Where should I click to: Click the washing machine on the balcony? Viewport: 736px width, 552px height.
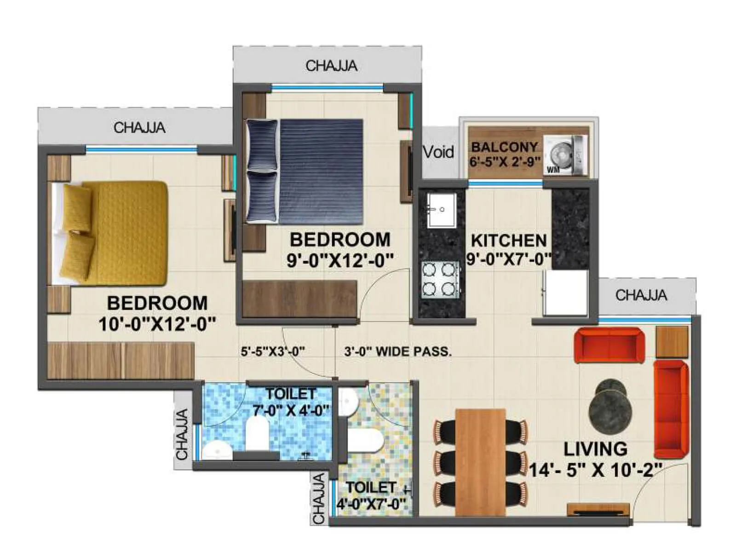(565, 155)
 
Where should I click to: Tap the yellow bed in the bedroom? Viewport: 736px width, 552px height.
(110, 232)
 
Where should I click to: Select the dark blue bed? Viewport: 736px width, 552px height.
(306, 171)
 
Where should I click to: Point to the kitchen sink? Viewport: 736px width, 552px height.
(441, 210)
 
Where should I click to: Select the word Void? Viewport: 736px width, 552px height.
(438, 152)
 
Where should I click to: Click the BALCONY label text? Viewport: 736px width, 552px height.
(504, 147)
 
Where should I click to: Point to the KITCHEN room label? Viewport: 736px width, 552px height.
(509, 241)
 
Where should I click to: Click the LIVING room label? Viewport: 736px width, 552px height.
(595, 449)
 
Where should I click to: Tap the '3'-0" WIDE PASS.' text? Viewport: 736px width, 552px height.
(398, 352)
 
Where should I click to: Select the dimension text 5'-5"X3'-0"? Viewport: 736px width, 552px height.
(273, 352)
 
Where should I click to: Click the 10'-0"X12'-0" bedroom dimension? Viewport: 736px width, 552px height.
(157, 324)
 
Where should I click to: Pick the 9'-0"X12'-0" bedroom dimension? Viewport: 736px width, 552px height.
(340, 260)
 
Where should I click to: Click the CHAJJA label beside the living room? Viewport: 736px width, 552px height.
(641, 295)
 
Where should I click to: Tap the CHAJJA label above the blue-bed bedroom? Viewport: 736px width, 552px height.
(331, 66)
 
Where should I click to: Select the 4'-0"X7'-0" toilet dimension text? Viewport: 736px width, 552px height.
(372, 504)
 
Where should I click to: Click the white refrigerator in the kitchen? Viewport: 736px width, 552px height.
(565, 293)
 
